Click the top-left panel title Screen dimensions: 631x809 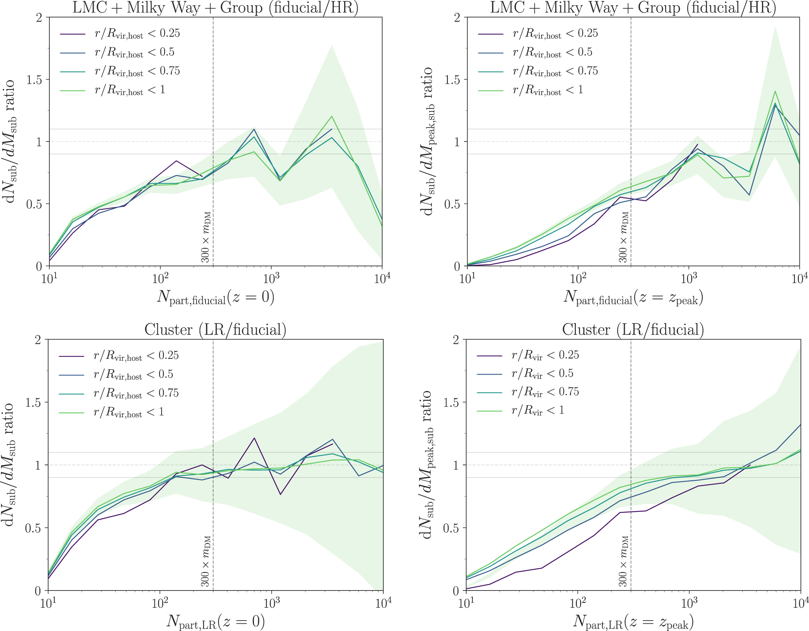point(215,8)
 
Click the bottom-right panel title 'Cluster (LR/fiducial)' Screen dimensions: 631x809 point(633,330)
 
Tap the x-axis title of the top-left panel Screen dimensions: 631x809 point(215,297)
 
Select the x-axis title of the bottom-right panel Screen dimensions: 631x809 point(633,621)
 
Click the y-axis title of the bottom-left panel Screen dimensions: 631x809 point(9,464)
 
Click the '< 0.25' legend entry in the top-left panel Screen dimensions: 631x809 point(137,34)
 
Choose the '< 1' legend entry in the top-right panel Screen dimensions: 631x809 point(548,91)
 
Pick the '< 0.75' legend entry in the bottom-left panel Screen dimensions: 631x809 point(136,394)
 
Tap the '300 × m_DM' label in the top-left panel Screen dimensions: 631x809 point(206,237)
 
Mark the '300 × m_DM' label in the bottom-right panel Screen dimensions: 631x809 point(624,561)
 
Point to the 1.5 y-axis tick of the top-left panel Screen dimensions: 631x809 point(34,80)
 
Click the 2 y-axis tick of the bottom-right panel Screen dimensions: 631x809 point(456,340)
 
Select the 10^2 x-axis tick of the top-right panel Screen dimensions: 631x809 point(577,278)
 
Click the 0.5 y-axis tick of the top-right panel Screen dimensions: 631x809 point(452,204)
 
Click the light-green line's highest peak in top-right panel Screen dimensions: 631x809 point(775,91)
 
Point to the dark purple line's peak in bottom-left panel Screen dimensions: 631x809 point(254,438)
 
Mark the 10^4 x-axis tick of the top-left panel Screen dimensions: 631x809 point(382,278)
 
